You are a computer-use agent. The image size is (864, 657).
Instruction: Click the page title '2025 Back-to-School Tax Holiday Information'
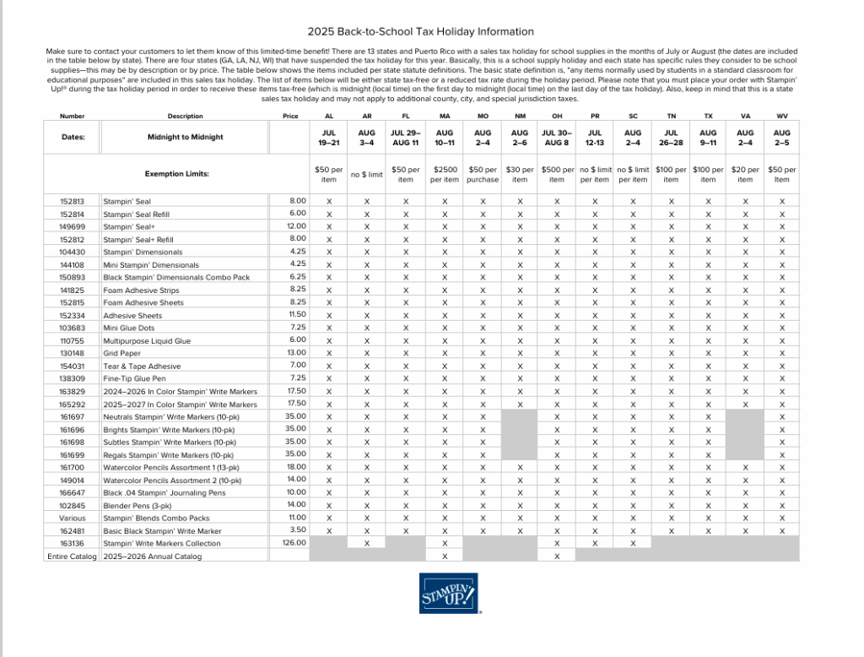click(x=420, y=31)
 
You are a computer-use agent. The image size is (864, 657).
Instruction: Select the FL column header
click(x=406, y=116)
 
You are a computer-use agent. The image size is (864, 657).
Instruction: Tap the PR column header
click(x=595, y=116)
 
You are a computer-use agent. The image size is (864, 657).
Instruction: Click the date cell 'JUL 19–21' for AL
click(x=329, y=138)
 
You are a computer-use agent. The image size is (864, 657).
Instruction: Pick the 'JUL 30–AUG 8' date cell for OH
click(x=557, y=138)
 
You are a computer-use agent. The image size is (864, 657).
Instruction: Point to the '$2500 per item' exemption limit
click(x=445, y=174)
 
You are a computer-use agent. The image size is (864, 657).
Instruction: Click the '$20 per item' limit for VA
click(x=745, y=174)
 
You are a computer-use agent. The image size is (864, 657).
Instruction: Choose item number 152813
click(x=72, y=202)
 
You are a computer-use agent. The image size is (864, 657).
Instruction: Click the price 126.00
click(x=293, y=543)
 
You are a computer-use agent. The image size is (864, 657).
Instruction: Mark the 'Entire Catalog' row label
click(x=72, y=557)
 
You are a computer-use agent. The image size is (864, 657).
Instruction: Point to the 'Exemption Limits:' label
click(x=178, y=174)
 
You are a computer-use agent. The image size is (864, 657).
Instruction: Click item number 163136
click(x=72, y=543)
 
